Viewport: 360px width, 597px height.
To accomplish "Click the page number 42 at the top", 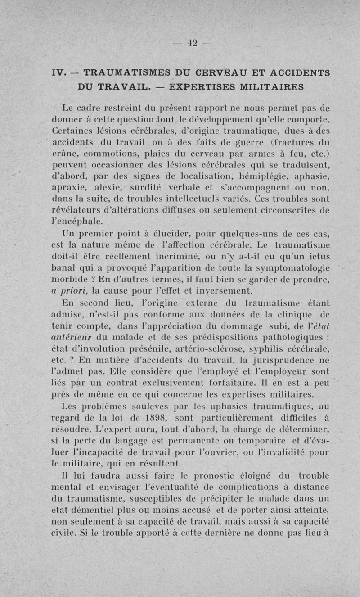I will click(x=193, y=43).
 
